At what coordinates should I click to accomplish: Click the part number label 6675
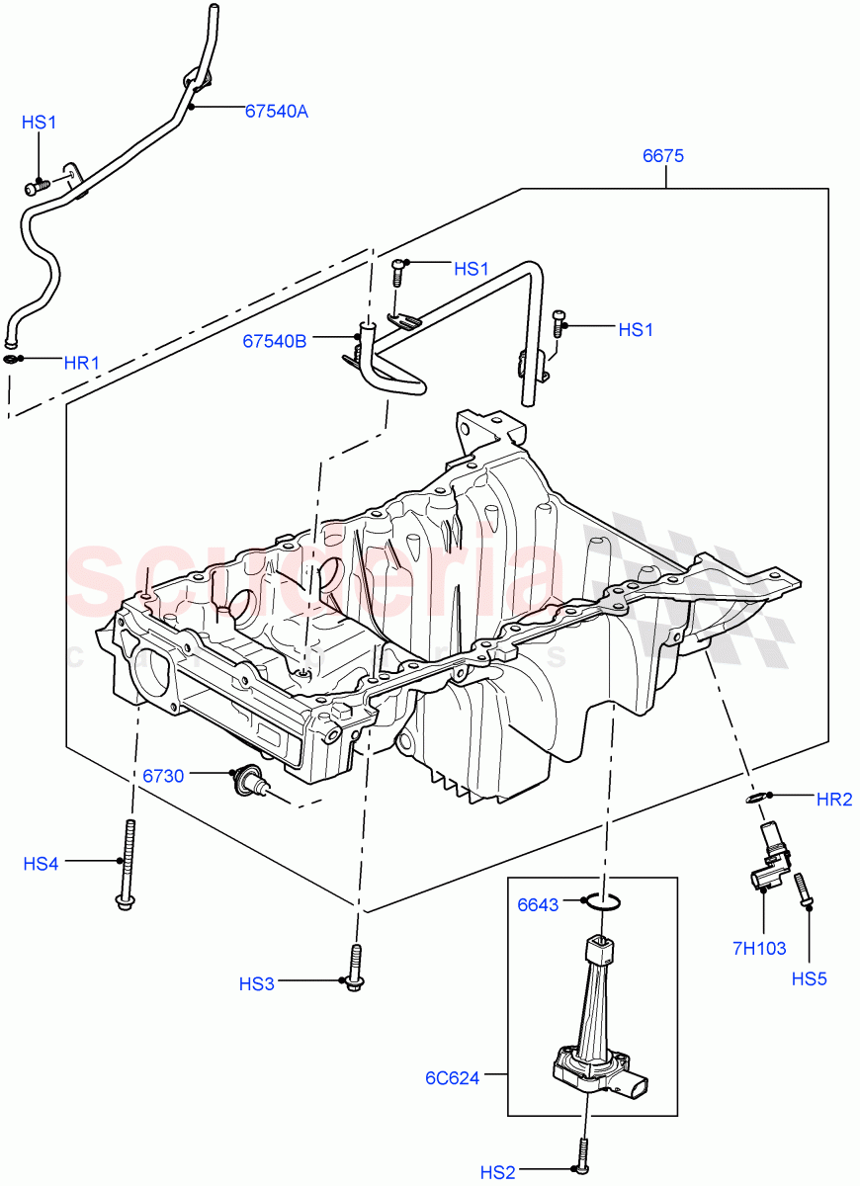click(x=663, y=155)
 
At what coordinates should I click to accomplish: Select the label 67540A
click(x=277, y=112)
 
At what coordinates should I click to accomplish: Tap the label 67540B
click(x=275, y=341)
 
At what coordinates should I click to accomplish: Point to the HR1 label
click(x=82, y=363)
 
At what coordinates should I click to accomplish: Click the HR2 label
click(x=834, y=800)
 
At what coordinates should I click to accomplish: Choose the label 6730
click(x=163, y=776)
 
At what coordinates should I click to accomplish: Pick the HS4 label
click(x=42, y=864)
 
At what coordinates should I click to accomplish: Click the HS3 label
click(x=257, y=983)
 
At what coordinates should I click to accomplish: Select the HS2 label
click(x=498, y=1172)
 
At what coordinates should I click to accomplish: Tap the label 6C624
click(x=453, y=1077)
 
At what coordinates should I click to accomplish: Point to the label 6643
click(x=539, y=904)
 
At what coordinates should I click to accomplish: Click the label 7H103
click(x=759, y=949)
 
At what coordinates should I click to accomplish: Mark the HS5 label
click(x=810, y=979)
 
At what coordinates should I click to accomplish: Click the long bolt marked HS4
click(x=126, y=865)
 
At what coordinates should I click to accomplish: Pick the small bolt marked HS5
click(x=803, y=887)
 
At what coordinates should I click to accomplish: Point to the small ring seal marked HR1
click(x=12, y=359)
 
